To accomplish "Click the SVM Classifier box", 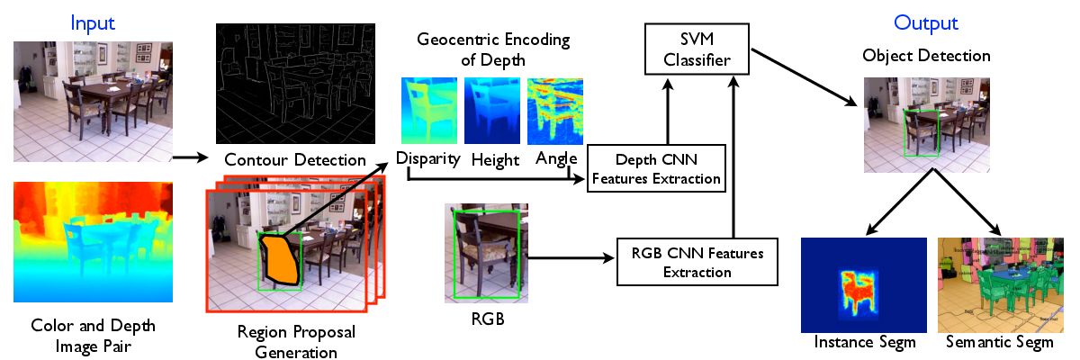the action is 697,49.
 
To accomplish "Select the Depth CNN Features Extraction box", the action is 656,168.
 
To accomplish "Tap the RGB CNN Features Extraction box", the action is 697,262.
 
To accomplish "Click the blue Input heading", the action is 93,23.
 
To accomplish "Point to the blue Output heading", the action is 926,23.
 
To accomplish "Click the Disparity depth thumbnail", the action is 429,111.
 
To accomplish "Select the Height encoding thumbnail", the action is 492,111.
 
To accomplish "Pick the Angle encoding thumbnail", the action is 555,111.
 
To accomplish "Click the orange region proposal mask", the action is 279,261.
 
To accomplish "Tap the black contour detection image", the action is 295,84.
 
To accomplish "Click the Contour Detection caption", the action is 295,159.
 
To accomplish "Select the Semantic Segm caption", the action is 1000,342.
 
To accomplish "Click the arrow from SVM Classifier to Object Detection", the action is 805,77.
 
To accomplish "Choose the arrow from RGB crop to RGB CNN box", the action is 571,257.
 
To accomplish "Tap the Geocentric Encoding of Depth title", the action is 493,49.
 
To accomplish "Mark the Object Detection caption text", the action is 926,56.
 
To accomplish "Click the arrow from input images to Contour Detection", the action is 191,157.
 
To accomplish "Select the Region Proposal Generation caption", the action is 296,342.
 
